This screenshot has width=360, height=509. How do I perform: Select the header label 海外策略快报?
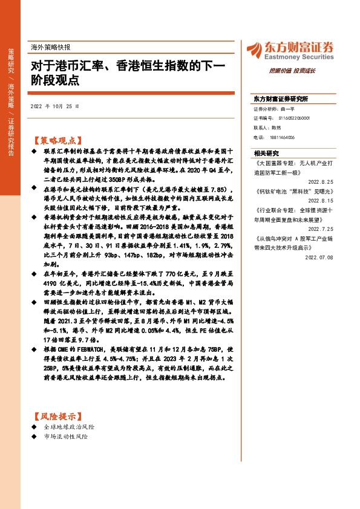[x=50, y=47]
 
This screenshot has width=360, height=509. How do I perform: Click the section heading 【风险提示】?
[x=55, y=417]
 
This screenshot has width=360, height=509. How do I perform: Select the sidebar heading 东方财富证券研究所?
[x=281, y=98]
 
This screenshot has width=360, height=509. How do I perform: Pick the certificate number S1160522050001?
[x=290, y=118]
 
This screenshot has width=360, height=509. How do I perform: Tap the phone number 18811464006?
[x=282, y=137]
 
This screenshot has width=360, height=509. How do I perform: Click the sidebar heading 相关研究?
[x=266, y=154]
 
